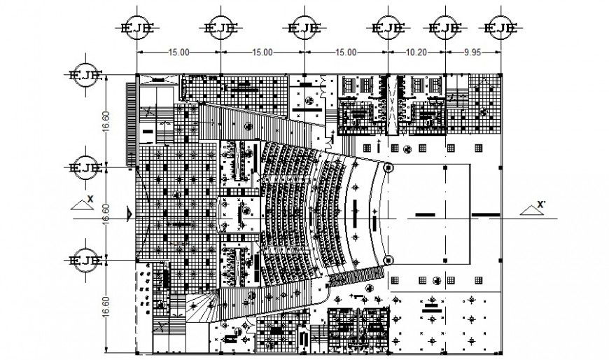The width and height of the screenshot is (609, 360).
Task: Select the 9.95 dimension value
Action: click(474, 52)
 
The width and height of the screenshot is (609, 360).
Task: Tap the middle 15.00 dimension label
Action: click(262, 52)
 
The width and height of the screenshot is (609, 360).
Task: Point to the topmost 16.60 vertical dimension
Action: click(106, 120)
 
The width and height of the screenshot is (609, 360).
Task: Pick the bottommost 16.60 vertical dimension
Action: click(106, 303)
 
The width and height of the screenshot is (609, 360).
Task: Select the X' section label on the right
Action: click(540, 205)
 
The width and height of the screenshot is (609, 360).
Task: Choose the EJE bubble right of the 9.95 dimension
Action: click(500, 28)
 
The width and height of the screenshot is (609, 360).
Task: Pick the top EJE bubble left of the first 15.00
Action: click(137, 28)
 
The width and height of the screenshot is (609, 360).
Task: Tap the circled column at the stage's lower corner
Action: click(389, 261)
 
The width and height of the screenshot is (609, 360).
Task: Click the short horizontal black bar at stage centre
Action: click(424, 214)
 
